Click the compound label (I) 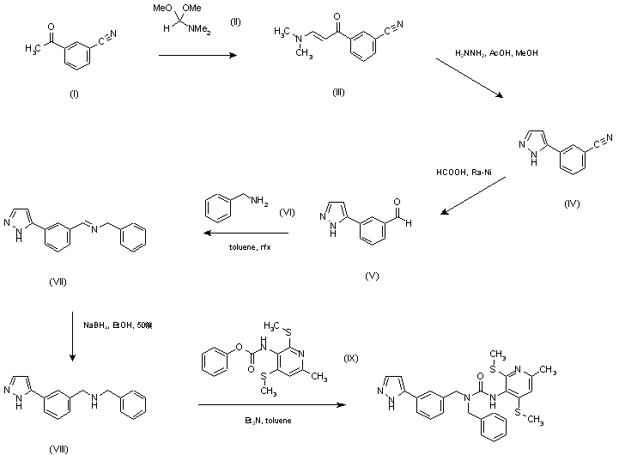click(72, 94)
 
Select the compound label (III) click(338, 92)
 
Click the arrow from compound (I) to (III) click(198, 57)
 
